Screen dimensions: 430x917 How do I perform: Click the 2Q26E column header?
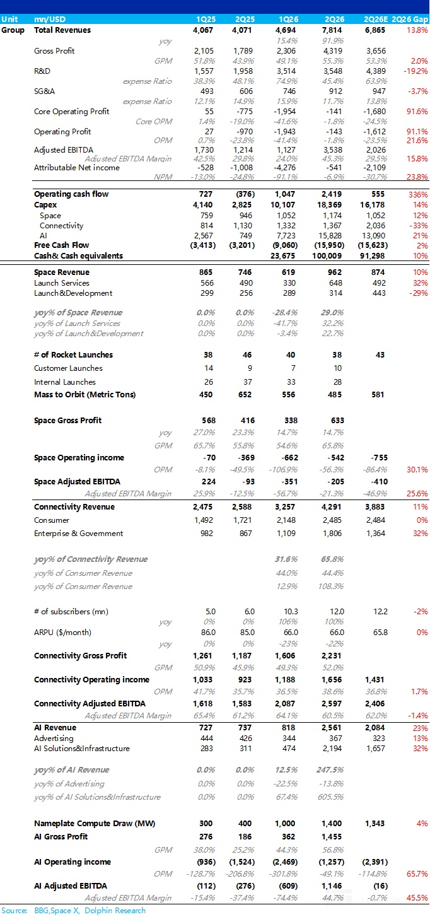[x=375, y=20]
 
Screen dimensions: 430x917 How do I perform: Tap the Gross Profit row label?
[x=54, y=50]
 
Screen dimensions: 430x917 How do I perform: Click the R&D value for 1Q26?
[x=286, y=71]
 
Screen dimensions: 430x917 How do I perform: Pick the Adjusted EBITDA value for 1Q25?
[x=204, y=150]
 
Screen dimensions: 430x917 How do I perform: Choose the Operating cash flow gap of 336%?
[x=418, y=194]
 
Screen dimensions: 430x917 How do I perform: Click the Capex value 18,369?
[x=330, y=205]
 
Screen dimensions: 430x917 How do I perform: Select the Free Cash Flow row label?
[x=61, y=245]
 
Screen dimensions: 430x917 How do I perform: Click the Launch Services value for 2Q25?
[x=245, y=283]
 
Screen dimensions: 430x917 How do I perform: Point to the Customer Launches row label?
[x=68, y=368]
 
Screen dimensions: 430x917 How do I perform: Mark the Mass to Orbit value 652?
[x=245, y=394]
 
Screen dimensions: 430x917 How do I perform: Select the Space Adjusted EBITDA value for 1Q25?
[x=209, y=481]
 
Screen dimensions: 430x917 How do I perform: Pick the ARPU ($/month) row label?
[x=62, y=632]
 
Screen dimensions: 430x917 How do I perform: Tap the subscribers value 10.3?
[x=291, y=611]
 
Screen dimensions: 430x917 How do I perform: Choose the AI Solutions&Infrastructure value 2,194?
[x=332, y=748]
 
